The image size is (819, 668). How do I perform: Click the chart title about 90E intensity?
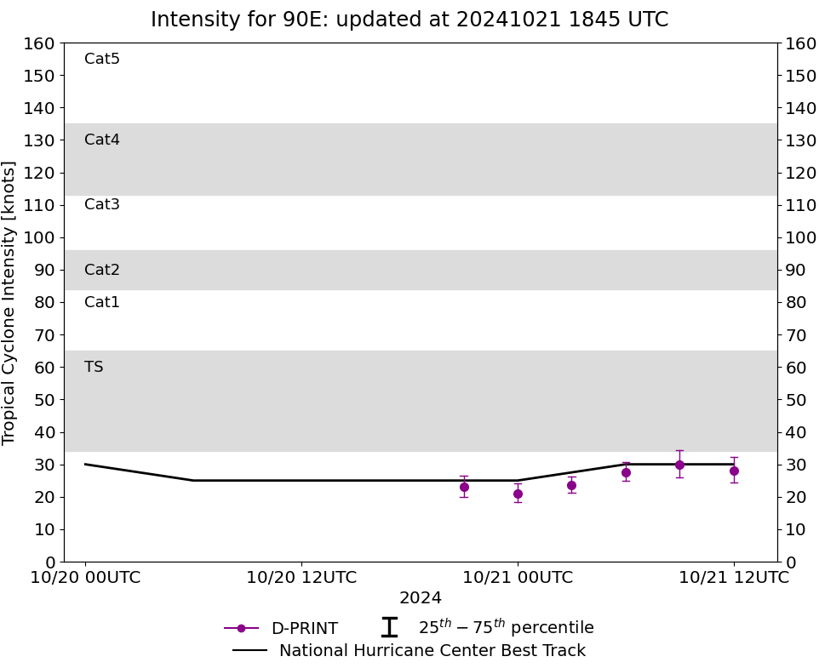click(409, 20)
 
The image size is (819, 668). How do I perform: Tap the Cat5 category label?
click(102, 59)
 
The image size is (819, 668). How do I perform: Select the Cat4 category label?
click(102, 140)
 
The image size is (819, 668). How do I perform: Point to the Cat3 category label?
click(102, 204)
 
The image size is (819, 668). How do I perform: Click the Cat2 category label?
click(102, 270)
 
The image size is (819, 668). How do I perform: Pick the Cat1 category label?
click(102, 302)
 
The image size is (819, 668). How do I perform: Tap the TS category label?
click(94, 367)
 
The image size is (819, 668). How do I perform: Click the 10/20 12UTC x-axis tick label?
click(301, 578)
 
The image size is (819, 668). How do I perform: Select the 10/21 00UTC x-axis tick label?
click(518, 578)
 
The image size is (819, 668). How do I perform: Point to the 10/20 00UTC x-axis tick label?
click(85, 578)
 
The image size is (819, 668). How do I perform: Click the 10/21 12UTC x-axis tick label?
click(734, 578)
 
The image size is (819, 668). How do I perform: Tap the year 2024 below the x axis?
click(421, 598)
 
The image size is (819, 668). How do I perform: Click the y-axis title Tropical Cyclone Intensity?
click(10, 302)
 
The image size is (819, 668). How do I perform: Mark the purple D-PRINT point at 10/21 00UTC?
click(518, 494)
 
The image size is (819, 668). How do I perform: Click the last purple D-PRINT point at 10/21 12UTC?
click(734, 471)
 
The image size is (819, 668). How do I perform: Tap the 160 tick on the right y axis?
click(800, 43)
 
